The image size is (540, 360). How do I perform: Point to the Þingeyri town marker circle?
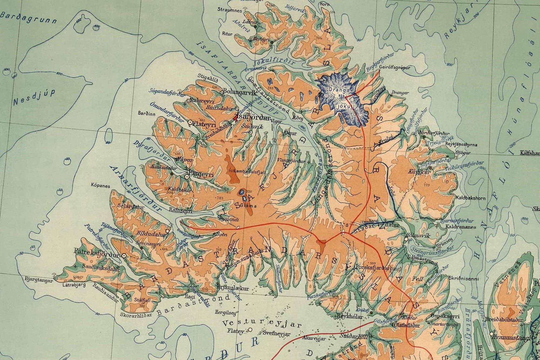point(187,177)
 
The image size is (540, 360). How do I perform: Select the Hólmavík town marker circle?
point(406,239)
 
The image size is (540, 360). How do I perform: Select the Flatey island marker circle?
point(250,329)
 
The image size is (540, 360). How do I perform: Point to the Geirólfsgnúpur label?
point(394,68)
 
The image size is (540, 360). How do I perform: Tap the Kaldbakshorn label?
point(470,198)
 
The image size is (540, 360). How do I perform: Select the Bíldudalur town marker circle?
point(168,231)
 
